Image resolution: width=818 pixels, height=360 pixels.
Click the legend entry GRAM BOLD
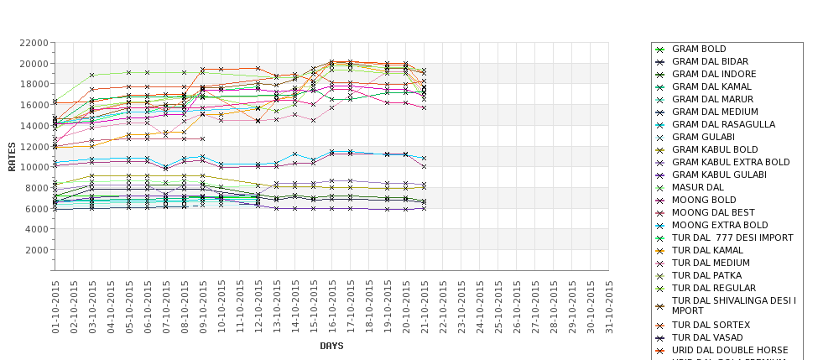(699, 50)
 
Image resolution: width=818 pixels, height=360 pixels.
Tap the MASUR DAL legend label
(697, 187)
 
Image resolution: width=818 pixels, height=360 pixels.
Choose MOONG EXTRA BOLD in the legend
(720, 225)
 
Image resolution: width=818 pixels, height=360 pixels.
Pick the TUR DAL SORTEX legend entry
(711, 325)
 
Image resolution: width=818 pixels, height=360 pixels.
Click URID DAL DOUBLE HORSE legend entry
(730, 350)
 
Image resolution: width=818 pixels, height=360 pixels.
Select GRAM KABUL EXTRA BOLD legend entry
(731, 162)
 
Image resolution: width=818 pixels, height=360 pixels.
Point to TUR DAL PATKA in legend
(706, 275)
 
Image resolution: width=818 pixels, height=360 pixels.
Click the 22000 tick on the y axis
(33, 43)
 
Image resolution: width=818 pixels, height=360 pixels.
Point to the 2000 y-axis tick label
(35, 250)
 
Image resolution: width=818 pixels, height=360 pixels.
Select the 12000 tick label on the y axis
(33, 146)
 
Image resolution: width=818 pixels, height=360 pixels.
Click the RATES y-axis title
(12, 156)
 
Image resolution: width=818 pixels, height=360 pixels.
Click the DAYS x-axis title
(331, 346)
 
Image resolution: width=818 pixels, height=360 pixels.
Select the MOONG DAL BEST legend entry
(713, 212)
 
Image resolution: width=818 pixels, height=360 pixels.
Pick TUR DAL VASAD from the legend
(707, 337)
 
